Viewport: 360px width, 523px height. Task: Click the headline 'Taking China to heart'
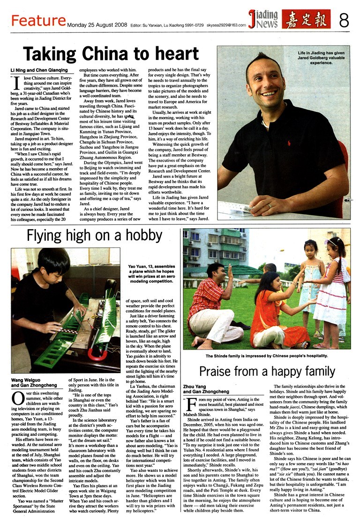[x=111, y=52]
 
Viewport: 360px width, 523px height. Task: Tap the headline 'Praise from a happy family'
[x=267, y=372]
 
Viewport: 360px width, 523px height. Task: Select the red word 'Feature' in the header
[x=38, y=21]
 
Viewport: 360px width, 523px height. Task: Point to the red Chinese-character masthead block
[x=306, y=19]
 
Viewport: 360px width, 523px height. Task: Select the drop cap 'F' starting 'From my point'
[x=190, y=403]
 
